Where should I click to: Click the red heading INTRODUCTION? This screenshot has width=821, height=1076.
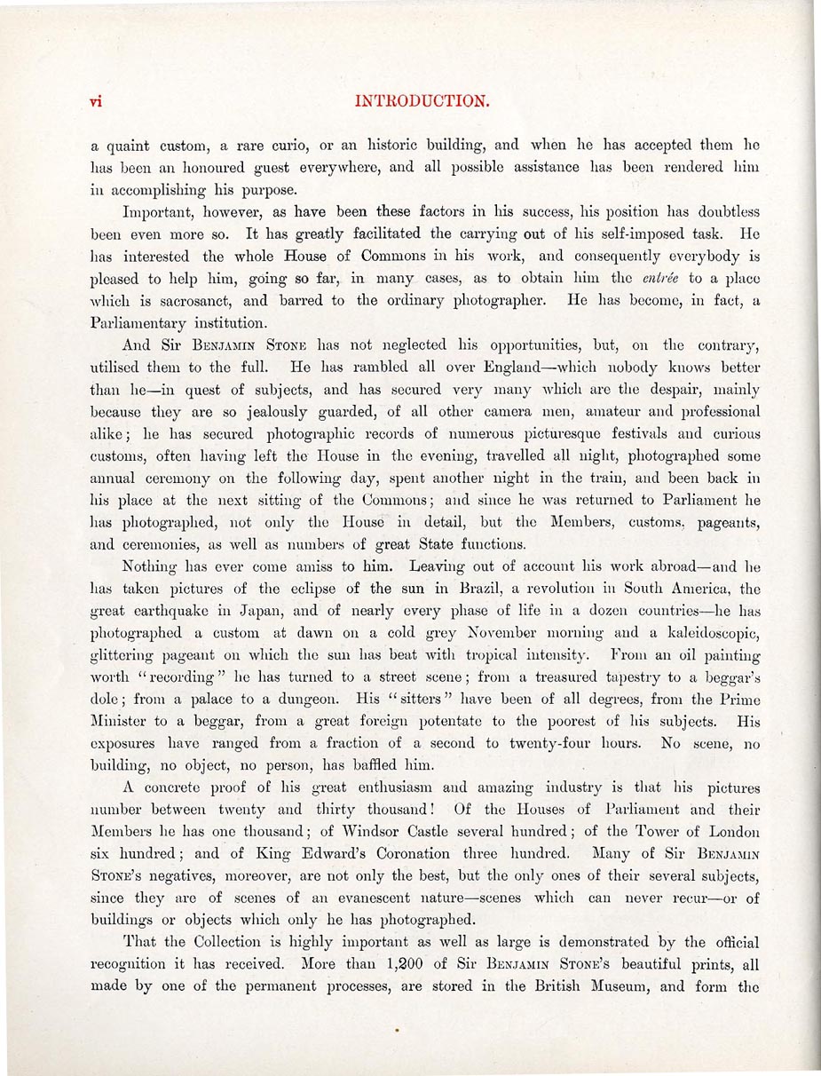[422, 101]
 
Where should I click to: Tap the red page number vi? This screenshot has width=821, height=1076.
[97, 101]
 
